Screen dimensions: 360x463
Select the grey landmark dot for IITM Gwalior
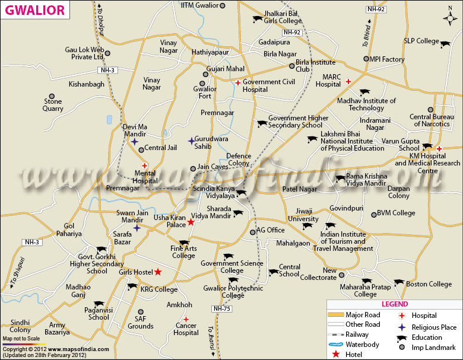[x=223, y=6]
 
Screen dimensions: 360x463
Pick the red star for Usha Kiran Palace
[x=191, y=222]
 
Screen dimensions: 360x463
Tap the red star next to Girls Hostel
[x=158, y=272]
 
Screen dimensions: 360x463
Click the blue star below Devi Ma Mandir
[x=135, y=142]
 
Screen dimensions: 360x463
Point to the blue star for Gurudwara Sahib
[x=191, y=141]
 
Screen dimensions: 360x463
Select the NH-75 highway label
[x=221, y=308]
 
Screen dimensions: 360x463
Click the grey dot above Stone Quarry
[x=52, y=96]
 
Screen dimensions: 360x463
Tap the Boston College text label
[x=429, y=284]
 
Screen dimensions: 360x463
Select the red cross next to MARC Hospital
[x=348, y=81]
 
